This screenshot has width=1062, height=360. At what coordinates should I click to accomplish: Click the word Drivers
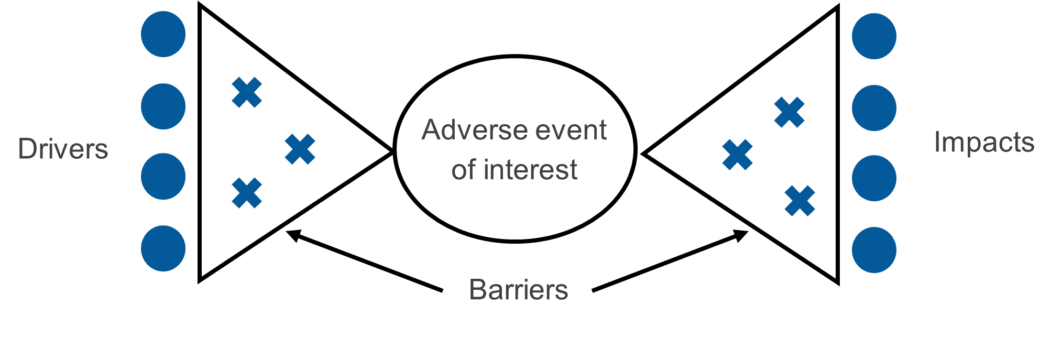pos(63,149)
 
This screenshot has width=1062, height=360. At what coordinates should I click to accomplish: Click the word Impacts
pos(984,143)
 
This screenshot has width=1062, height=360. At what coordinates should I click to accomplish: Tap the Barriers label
pos(518,289)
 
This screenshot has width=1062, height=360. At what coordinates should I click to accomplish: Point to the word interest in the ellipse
pos(530,169)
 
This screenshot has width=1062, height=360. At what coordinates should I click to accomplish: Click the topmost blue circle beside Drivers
pos(163,34)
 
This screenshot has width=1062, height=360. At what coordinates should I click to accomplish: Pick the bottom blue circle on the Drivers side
pos(163,248)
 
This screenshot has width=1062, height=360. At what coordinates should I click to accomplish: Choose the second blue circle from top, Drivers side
pos(163,106)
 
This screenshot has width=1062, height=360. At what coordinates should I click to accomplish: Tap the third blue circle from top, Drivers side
pos(163,176)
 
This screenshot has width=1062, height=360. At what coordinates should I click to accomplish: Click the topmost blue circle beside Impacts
pos(874,36)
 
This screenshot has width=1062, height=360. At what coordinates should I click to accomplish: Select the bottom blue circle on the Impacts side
pos(874,250)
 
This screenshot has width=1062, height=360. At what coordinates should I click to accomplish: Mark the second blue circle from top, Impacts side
pos(874,108)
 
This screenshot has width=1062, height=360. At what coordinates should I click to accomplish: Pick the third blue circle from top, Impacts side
pos(874,178)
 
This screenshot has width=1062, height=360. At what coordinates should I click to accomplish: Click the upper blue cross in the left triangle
pos(247,93)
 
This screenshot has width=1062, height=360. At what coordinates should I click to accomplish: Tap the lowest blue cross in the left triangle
pos(247,193)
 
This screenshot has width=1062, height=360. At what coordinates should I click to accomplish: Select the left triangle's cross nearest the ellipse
pos(300,149)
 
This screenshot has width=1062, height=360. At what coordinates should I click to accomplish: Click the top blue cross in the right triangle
pos(790,112)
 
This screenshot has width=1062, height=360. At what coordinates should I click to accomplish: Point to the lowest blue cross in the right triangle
pos(800,201)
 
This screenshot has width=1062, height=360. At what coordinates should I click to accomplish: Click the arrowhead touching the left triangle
pos(293,235)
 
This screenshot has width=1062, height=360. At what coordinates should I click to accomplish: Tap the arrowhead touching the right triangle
pos(741,235)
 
